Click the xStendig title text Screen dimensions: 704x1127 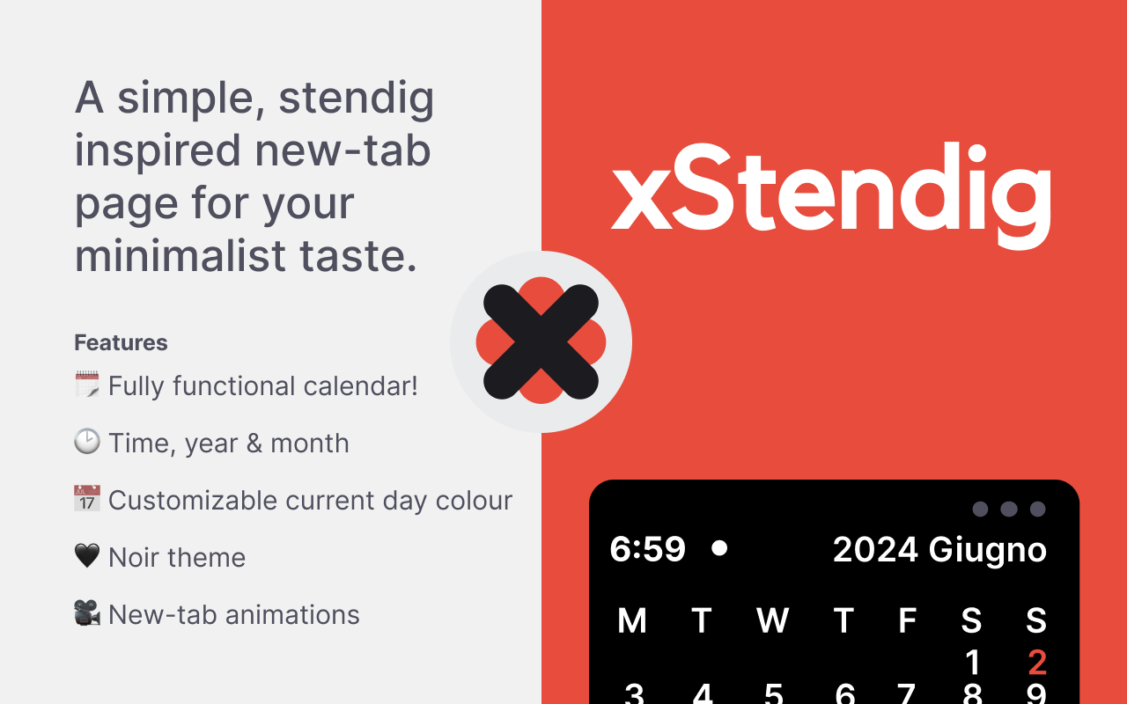point(830,189)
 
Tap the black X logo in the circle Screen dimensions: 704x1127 point(541,341)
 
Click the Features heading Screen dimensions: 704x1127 point(121,342)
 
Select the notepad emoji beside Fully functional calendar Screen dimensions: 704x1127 point(87,385)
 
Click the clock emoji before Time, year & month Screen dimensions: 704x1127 point(87,442)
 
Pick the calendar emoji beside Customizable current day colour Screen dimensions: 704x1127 point(87,499)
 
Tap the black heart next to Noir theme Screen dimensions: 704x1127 point(87,556)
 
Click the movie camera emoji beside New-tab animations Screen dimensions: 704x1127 point(87,613)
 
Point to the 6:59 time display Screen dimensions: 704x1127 point(647,549)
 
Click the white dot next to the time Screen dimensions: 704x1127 point(719,548)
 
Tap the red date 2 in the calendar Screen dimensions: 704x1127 point(1036,663)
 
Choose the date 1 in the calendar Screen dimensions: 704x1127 point(972,663)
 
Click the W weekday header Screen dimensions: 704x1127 point(772,621)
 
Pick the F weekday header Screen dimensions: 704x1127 point(907,621)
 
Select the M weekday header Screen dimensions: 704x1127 point(632,621)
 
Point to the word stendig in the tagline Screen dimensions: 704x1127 point(356,99)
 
